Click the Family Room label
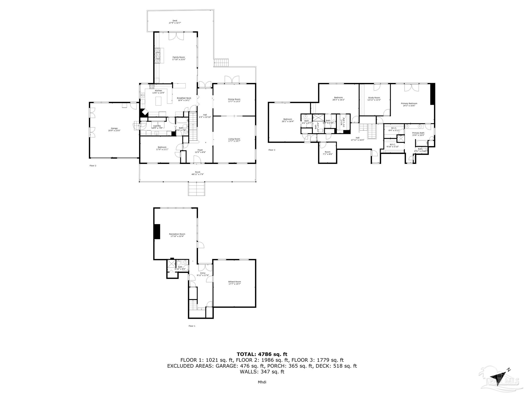coord(179,57)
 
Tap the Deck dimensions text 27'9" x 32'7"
coord(175,23)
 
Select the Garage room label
coord(114,128)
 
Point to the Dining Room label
coord(234,99)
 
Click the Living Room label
coord(234,139)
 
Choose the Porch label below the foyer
coord(198,172)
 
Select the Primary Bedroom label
coord(409,103)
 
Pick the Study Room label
coord(374,97)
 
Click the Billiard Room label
coord(234,282)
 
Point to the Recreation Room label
coord(177,234)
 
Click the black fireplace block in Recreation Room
coord(157,231)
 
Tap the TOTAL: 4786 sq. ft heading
coord(262,354)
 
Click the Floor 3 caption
coord(272,150)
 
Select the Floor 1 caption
coord(192,326)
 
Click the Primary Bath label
coord(418,133)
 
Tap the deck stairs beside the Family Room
coord(221,62)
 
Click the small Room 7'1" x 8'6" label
coord(327,152)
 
